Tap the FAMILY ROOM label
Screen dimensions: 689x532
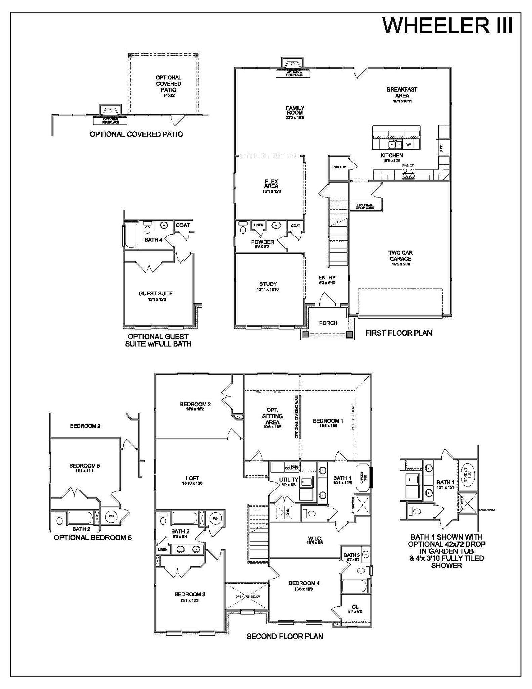[x=295, y=111]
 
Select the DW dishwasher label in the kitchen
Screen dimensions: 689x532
[x=408, y=145]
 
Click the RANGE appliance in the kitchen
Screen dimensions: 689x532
[x=408, y=173]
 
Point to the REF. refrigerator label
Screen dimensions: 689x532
[x=442, y=148]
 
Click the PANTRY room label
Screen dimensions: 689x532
[x=339, y=167]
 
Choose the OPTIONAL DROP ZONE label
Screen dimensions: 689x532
[x=365, y=206]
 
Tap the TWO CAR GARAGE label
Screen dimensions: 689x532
[x=400, y=256]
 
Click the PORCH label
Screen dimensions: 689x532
[x=328, y=323]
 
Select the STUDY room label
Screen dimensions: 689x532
[x=268, y=284]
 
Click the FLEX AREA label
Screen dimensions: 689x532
[x=271, y=184]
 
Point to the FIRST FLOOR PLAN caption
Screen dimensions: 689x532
[x=399, y=333]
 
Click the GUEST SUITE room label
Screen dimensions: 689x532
[x=156, y=294]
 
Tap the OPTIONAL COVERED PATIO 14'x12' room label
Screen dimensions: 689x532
[x=168, y=84]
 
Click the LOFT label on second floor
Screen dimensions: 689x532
[x=192, y=478]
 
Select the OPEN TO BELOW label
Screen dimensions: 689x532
[x=248, y=597]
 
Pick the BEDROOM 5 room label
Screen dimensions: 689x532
[x=85, y=466]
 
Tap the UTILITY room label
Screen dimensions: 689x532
[x=288, y=480]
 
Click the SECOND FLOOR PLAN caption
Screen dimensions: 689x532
[x=284, y=637]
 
